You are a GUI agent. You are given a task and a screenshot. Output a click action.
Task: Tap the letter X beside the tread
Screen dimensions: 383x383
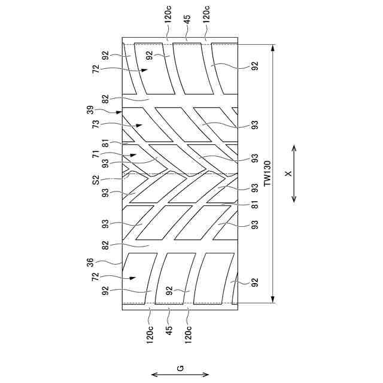(287, 173)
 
